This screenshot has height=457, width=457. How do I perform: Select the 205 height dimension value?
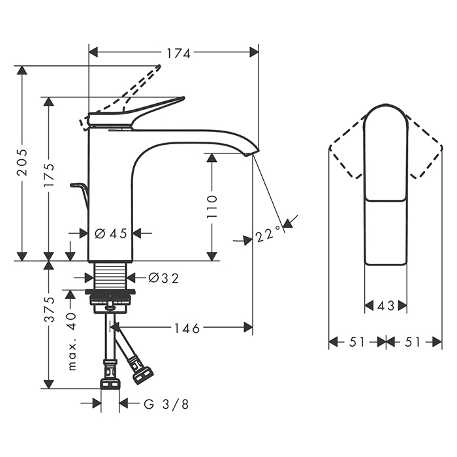point(23,161)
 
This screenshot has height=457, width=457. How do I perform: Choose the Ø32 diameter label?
point(163,278)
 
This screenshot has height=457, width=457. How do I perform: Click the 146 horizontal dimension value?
point(187,327)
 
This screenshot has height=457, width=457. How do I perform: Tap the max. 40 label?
point(72,340)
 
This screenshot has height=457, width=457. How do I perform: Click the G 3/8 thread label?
point(166,404)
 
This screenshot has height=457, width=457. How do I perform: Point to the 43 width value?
point(386,306)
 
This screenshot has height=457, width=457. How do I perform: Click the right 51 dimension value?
point(413,341)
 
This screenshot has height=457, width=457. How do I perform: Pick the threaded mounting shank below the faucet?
point(110,275)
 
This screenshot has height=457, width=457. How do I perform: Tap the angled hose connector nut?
point(142,374)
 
